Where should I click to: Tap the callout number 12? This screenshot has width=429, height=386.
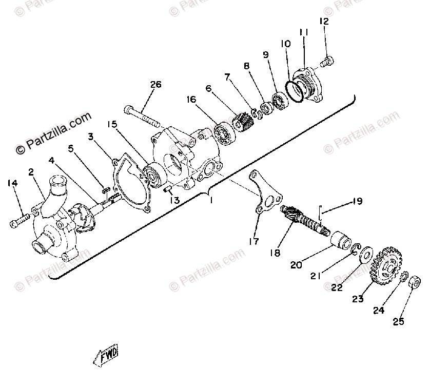pos(323,22)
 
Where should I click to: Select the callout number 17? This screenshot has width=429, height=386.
pos(255,240)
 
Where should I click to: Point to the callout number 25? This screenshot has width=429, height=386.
pos(399,322)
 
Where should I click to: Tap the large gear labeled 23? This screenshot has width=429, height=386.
pos(385,265)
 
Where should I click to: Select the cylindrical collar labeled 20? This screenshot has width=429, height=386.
pos(340,240)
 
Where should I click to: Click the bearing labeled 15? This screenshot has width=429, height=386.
pos(152,175)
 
